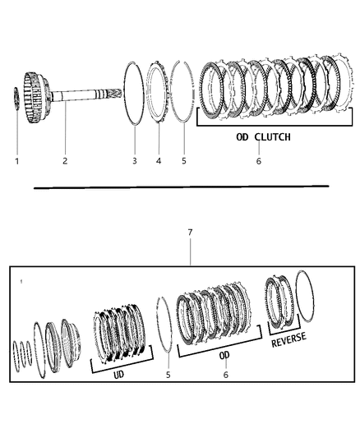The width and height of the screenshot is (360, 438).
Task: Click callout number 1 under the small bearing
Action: click(16, 161)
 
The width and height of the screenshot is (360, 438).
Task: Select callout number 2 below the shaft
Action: click(64, 161)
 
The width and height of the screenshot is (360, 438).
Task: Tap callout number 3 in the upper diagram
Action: click(134, 161)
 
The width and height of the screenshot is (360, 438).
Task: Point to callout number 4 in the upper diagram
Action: click(159, 161)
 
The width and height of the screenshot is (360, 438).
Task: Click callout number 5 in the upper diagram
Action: click(183, 161)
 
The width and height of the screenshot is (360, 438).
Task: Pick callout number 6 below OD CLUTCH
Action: click(258, 161)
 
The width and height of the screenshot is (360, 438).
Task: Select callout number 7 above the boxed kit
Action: click(190, 233)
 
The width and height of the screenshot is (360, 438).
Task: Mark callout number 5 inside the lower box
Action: click(168, 375)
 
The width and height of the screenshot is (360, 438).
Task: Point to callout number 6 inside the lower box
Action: click(225, 375)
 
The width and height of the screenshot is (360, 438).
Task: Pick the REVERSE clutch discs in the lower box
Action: click(279, 304)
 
